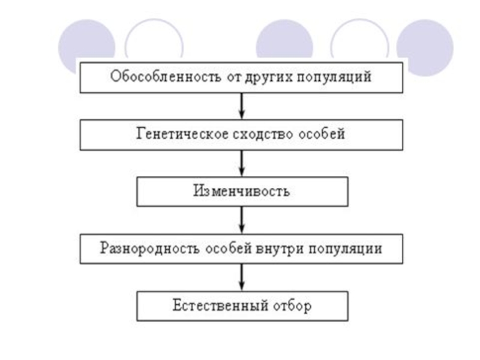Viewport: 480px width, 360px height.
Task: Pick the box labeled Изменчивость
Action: coord(242,191)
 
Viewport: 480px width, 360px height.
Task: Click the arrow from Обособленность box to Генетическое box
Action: coord(242,106)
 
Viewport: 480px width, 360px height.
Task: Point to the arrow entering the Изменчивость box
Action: coord(242,163)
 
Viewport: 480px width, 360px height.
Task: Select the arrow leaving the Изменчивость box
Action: coord(242,220)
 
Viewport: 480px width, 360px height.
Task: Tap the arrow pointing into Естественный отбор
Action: coord(242,277)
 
